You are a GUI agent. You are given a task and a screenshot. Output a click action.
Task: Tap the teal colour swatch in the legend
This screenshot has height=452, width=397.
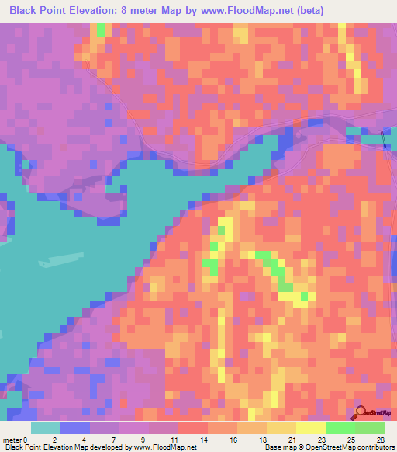click(45, 429)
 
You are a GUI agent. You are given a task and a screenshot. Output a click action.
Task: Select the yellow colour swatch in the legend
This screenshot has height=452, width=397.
click(310, 429)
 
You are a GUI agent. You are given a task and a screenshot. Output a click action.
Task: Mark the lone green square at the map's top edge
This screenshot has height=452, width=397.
click(101, 29)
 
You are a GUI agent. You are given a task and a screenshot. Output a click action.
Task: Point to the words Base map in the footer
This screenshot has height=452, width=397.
click(278, 447)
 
